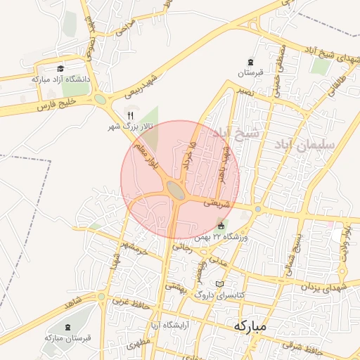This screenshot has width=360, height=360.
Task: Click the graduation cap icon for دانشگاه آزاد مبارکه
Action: pos(61,69)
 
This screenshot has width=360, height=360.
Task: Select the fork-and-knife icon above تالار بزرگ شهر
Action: pos(129,115)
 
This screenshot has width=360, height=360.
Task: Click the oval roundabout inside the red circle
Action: pos(175,189)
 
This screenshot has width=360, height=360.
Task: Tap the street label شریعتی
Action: pos(216,202)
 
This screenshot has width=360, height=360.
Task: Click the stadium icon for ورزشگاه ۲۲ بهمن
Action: pos(222,226)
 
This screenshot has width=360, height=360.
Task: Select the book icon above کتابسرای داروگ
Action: pos(220,284)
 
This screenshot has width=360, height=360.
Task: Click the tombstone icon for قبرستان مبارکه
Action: pos(69,328)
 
